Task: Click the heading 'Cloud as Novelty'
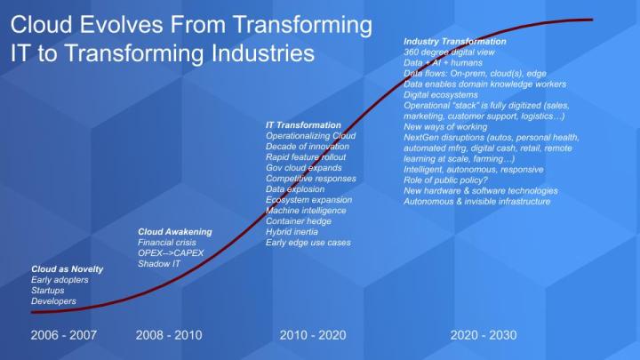68,268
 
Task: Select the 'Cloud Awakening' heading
175,231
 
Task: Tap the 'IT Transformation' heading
303,124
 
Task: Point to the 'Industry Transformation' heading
455,41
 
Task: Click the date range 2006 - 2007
63,335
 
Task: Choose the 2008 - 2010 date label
169,335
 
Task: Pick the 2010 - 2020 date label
313,335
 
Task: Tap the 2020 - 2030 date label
484,335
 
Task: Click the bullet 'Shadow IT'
158,263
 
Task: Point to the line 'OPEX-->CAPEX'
171,252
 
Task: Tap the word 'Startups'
48,290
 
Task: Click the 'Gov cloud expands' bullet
305,167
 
